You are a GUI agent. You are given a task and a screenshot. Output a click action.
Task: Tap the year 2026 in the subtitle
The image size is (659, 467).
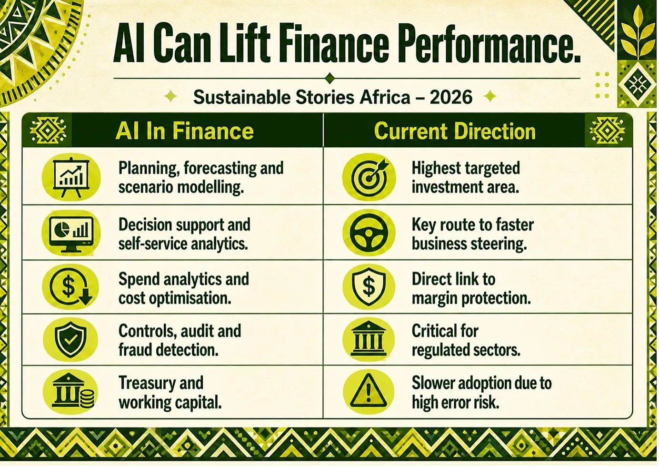[x=451, y=97]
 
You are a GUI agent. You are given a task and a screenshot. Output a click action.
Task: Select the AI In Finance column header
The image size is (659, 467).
[x=184, y=131]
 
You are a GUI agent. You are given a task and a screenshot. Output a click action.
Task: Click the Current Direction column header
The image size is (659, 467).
[x=455, y=131]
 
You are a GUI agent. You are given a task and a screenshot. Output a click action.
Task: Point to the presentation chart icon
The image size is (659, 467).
[x=71, y=177]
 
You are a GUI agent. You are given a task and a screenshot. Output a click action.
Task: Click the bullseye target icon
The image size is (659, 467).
[x=369, y=177]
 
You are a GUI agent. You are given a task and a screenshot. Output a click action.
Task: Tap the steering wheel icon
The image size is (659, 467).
[x=369, y=233]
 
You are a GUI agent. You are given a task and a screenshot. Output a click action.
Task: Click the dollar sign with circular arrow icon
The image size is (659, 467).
[x=70, y=286]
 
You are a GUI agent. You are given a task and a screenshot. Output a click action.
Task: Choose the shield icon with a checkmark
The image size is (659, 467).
[x=70, y=339]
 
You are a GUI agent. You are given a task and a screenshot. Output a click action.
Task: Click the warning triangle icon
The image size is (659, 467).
[x=369, y=391]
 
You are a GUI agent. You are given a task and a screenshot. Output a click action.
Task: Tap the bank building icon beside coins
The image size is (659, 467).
[x=73, y=391]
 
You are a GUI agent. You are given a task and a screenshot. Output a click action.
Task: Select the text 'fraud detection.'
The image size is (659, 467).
[x=168, y=350]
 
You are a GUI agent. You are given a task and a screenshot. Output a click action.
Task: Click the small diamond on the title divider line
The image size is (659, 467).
[x=330, y=79]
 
